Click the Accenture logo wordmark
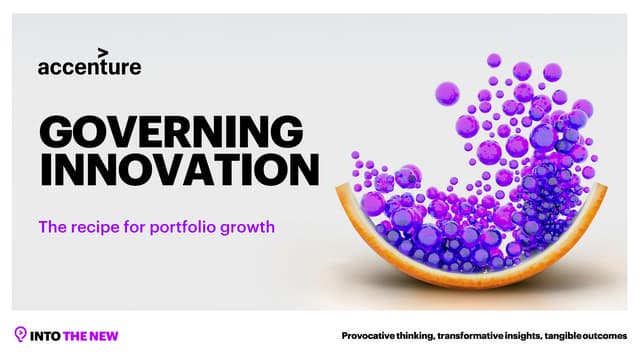(89, 67)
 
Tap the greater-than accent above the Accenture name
(102, 52)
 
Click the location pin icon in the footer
(20, 335)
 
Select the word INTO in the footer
(46, 336)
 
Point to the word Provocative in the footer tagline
(372, 336)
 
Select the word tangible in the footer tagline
(577, 336)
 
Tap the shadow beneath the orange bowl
(480, 291)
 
